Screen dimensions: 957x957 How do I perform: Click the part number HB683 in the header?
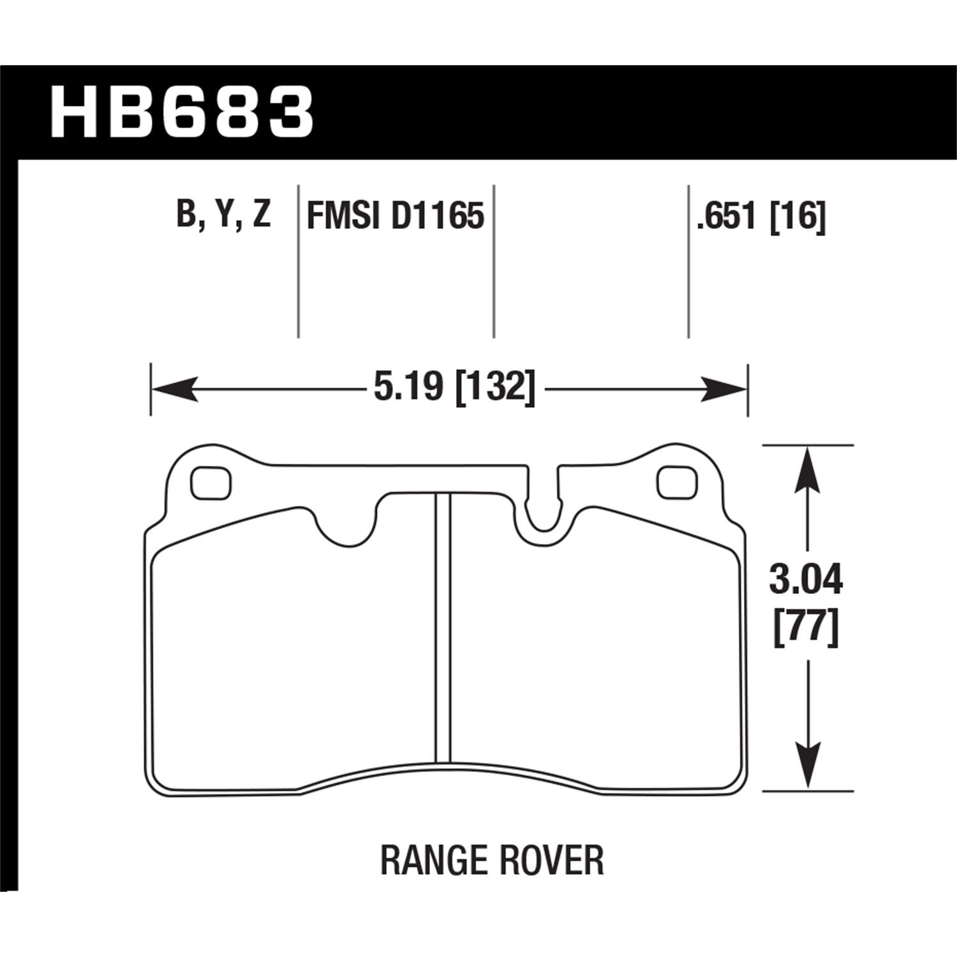tap(182, 113)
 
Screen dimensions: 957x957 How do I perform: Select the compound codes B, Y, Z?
tap(224, 214)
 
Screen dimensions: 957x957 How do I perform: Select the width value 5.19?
tap(406, 387)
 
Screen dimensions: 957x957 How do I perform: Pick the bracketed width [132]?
tap(492, 388)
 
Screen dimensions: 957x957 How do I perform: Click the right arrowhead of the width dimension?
tap(724, 389)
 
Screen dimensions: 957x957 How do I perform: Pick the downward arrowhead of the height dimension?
tap(808, 767)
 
